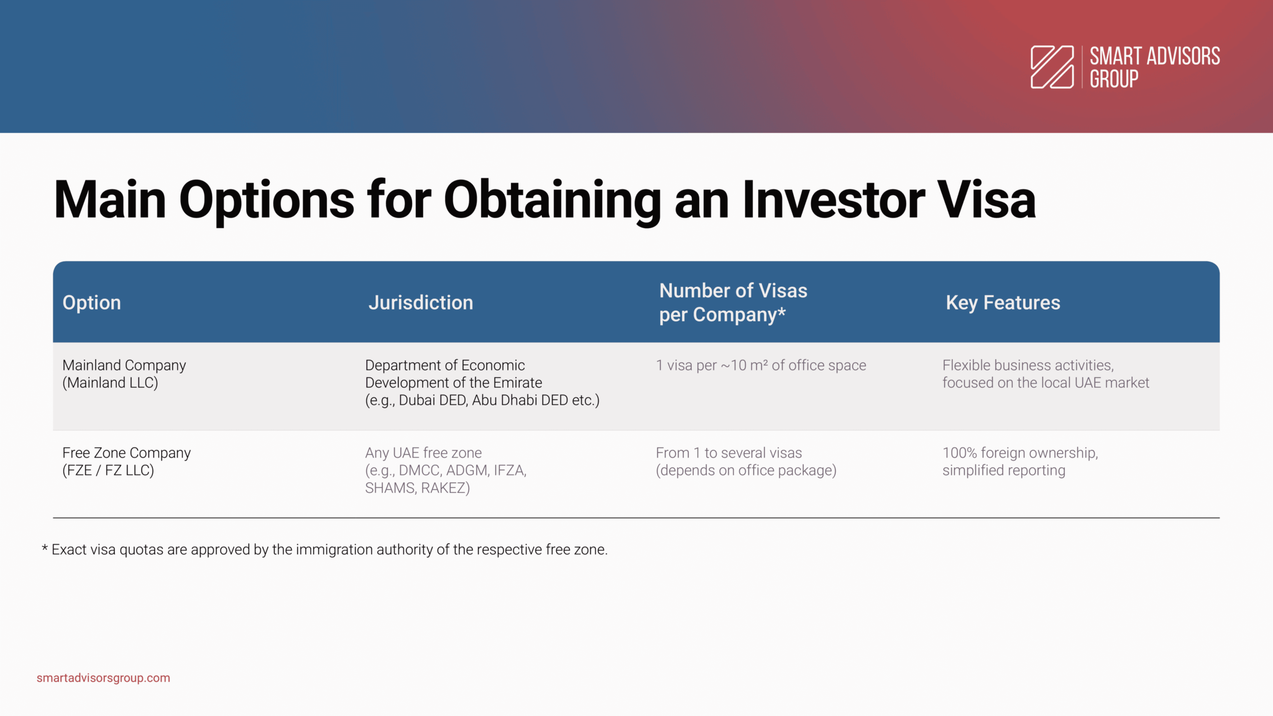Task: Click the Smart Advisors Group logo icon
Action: (x=1052, y=67)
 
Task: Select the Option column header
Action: (x=91, y=303)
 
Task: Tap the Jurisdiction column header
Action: (x=421, y=303)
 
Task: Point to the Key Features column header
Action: (x=1003, y=303)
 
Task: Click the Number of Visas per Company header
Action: (x=733, y=303)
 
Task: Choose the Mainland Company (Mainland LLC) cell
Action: (x=124, y=374)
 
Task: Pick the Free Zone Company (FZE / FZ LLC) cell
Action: (x=126, y=462)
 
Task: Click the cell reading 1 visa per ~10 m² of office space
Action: (x=761, y=365)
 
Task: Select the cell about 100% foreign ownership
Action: (x=1020, y=462)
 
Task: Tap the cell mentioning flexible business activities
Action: (x=1046, y=374)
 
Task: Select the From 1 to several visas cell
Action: (x=746, y=462)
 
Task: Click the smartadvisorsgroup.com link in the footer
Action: (x=103, y=678)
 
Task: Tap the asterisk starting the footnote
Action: (x=45, y=548)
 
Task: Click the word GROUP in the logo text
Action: (x=1114, y=79)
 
